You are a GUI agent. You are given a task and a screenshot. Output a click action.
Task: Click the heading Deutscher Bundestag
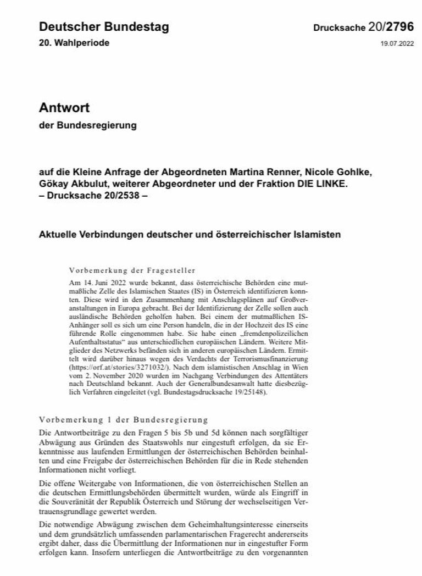pos(104,27)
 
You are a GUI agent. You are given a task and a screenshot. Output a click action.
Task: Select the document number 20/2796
pos(391,27)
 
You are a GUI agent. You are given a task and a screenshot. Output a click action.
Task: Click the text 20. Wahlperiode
pos(74,43)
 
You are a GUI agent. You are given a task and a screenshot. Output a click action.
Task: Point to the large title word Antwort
pos(64,107)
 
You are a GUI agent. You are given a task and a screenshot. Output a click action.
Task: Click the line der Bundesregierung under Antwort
pos(87,125)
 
